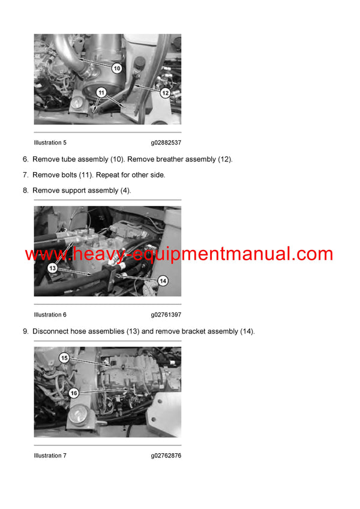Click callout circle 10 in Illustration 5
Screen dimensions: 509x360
(116, 68)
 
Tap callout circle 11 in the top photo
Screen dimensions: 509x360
(101, 93)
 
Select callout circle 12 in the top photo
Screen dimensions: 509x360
(165, 93)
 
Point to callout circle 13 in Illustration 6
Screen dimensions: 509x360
(52, 269)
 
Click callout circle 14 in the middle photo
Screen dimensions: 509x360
(163, 281)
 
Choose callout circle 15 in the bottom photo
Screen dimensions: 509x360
(64, 358)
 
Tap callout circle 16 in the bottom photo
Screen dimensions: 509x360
(73, 393)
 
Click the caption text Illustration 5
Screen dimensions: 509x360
(50, 143)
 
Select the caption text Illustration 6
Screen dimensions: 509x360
(50, 315)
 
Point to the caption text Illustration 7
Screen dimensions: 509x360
(50, 456)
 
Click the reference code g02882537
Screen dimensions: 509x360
(166, 143)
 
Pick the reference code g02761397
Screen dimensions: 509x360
(166, 315)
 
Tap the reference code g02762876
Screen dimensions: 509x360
(166, 456)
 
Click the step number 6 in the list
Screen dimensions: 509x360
(25, 159)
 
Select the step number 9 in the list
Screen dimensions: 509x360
(25, 332)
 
